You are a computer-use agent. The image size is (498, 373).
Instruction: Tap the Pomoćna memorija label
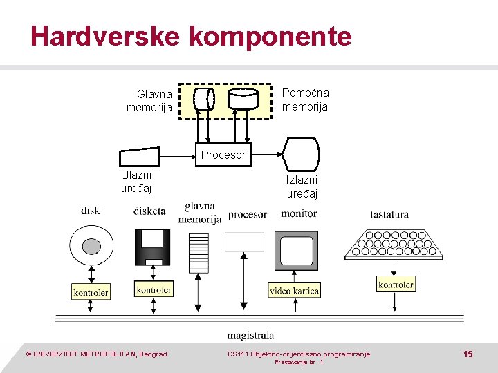coord(305,99)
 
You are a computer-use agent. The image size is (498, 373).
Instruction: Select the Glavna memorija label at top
coord(149,101)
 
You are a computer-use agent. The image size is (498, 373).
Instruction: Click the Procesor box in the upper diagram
coord(223,155)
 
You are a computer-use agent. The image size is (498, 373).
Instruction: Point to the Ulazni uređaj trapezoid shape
coord(139,157)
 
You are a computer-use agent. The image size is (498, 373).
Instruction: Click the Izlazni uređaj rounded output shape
coord(302,153)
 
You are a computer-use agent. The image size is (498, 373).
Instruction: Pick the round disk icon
coord(91,246)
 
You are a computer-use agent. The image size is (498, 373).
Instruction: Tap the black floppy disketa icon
coord(152,247)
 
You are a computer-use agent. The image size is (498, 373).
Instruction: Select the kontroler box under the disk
coord(91,292)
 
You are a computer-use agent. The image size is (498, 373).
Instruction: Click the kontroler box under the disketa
coord(154,289)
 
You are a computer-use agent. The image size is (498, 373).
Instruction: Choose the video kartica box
coord(294,291)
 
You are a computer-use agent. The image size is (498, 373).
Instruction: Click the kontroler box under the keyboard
coord(396,284)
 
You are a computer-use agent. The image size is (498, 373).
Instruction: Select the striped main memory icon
coord(199,252)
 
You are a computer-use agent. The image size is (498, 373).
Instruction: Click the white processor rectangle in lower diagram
coord(244,241)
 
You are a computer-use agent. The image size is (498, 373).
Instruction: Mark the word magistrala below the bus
coord(250,336)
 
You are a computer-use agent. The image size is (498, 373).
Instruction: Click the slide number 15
coord(468,354)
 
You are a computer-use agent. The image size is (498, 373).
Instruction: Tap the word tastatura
coord(389,215)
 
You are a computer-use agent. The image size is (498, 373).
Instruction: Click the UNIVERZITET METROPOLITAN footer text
coord(96,354)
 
